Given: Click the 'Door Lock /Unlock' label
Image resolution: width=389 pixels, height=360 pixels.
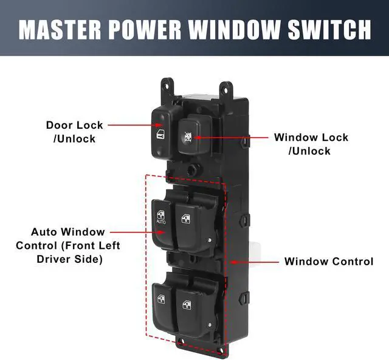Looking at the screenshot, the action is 75,132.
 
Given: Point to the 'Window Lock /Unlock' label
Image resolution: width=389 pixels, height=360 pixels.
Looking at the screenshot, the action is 311,144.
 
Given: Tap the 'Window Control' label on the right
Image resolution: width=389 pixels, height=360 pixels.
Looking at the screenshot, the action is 328,262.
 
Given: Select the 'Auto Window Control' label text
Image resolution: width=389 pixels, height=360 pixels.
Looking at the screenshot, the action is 67,245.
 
